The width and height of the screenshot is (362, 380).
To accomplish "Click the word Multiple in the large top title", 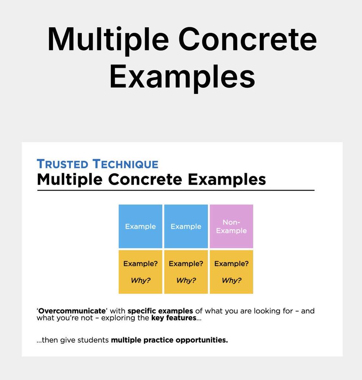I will click(108, 40).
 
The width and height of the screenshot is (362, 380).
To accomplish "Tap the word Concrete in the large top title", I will click(248, 40).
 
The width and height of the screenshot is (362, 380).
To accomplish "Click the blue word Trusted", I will click(62, 164).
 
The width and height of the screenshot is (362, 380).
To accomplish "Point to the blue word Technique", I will click(126, 164).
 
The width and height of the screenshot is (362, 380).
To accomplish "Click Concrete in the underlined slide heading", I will click(145, 179).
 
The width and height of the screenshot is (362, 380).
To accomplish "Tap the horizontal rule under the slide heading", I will click(176, 190).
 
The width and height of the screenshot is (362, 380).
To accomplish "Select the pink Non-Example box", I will click(231, 226).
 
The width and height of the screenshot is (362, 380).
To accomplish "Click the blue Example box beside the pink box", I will click(186, 226).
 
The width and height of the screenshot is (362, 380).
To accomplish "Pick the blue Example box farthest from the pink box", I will click(140, 226).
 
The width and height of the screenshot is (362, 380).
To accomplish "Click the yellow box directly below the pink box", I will click(231, 272).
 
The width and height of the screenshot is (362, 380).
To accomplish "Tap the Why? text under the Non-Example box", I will click(231, 280).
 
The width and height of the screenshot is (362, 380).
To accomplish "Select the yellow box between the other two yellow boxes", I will click(186, 272).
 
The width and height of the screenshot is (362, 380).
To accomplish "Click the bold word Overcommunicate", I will click(72, 311).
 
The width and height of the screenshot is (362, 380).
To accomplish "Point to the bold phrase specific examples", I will click(160, 311).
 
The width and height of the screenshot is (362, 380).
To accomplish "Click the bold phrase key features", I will click(174, 318).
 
